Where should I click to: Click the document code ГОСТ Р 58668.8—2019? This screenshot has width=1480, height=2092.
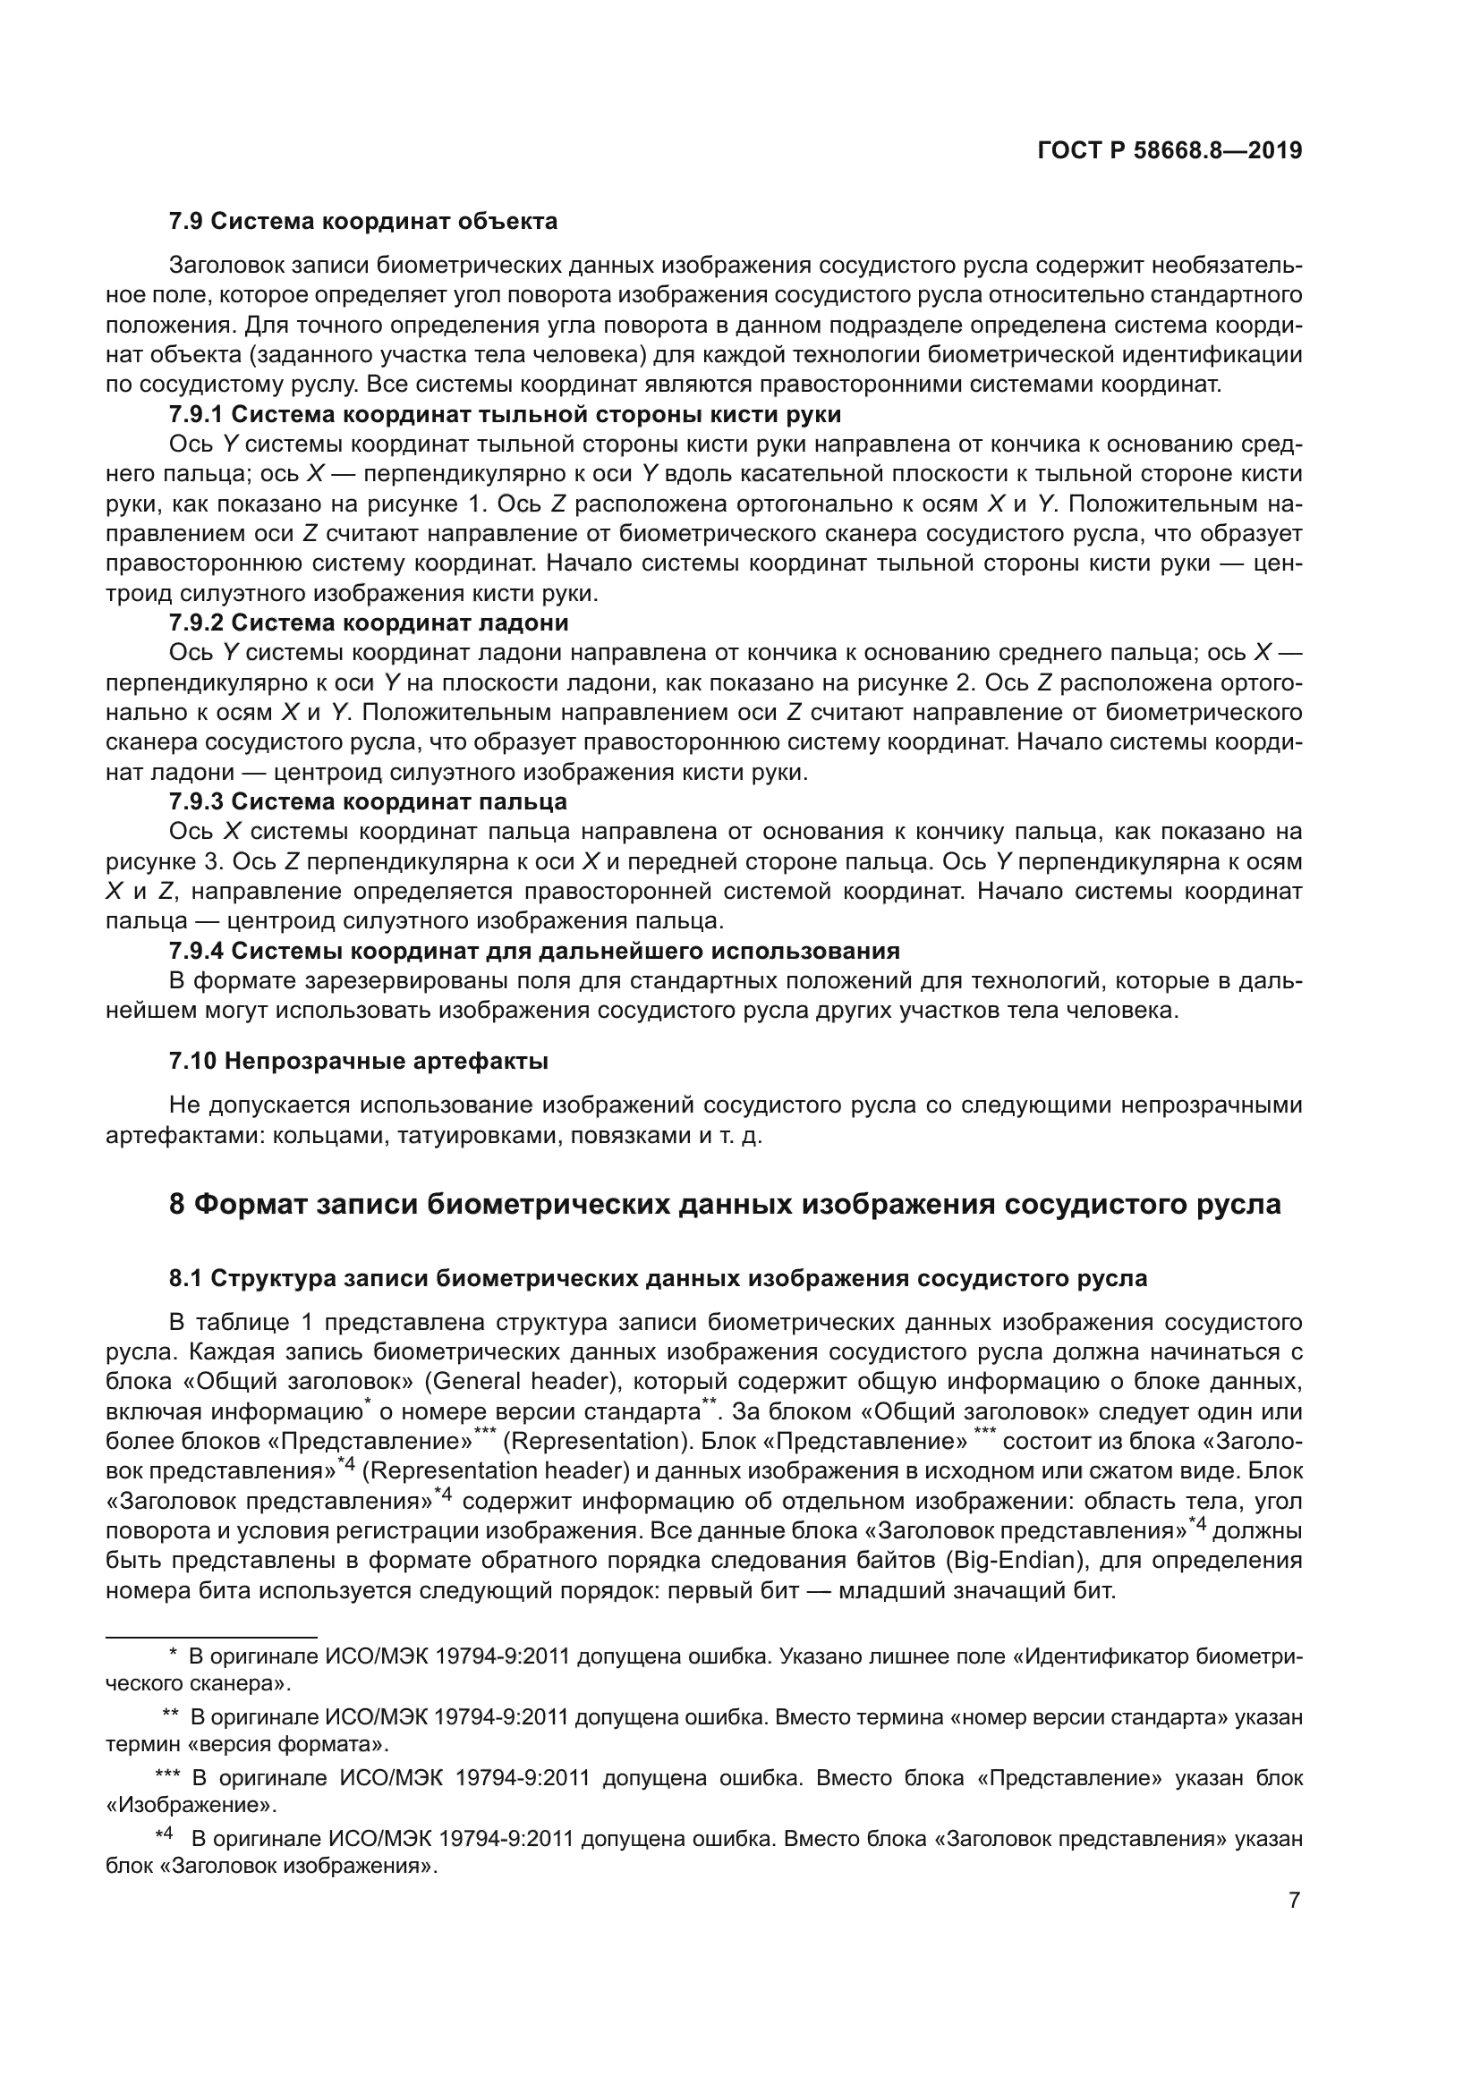[1170, 150]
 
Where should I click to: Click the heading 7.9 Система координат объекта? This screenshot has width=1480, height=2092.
[362, 222]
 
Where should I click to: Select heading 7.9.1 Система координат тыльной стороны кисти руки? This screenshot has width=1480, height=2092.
[505, 415]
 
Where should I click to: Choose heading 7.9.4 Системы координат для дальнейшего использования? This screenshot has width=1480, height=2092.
[534, 951]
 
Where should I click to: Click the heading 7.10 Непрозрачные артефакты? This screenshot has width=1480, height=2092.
[358, 1061]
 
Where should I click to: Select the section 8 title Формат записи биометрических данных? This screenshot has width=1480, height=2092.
[725, 1205]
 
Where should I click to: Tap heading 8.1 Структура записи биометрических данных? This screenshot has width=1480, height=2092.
[658, 1278]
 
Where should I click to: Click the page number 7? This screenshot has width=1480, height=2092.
[1294, 1901]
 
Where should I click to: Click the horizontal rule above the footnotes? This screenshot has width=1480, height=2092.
[210, 1637]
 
